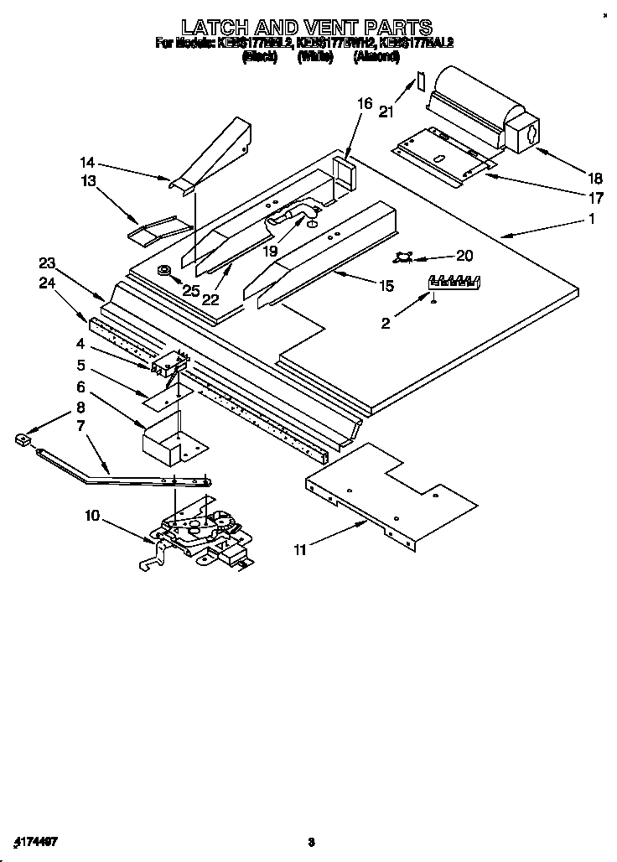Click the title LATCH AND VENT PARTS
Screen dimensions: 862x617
[307, 27]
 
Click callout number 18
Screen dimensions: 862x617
[594, 177]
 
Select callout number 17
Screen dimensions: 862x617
[594, 199]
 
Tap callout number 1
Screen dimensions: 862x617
[592, 220]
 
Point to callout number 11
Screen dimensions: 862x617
[299, 550]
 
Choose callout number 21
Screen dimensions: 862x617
[385, 111]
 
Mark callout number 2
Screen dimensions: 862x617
[385, 322]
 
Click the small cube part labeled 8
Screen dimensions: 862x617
[23, 437]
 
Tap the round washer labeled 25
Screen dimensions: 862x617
[163, 270]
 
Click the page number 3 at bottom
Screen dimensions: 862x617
[310, 842]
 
